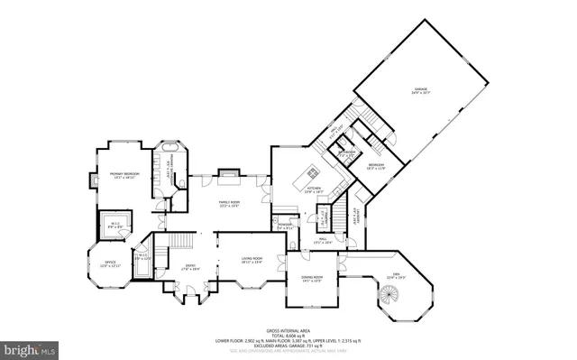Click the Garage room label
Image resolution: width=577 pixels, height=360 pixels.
(420, 90)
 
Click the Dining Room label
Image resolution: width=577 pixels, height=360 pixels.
(311, 280)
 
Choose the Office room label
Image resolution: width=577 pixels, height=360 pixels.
(109, 263)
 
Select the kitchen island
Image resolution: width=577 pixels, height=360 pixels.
(313, 171)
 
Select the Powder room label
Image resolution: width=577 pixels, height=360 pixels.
(286, 227)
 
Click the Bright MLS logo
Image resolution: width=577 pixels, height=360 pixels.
(29, 347)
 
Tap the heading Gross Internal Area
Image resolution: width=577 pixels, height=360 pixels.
(288, 330)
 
